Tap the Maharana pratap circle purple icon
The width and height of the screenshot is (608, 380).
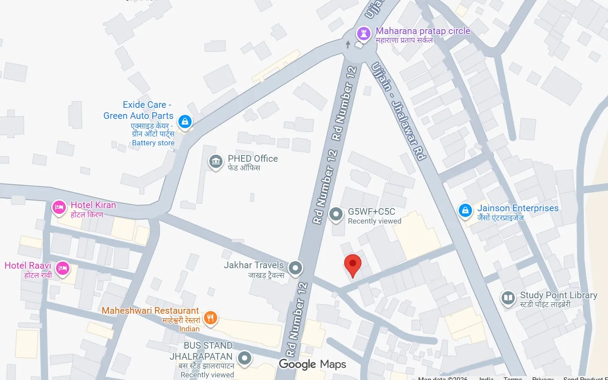(363, 33)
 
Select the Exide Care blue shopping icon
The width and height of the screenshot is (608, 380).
(185, 121)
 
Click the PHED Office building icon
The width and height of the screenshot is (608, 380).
(215, 162)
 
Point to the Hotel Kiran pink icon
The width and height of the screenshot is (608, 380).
(59, 207)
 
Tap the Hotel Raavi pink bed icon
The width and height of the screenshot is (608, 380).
(63, 268)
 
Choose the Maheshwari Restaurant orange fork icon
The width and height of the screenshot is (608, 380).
(211, 317)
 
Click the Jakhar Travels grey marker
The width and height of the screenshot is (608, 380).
(295, 267)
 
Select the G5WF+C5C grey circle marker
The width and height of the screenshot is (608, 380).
(336, 215)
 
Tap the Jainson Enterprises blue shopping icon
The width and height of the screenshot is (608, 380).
(465, 211)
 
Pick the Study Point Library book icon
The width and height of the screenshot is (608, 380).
(509, 298)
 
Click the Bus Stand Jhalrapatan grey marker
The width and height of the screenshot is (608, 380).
(245, 358)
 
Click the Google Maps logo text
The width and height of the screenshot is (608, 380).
(312, 364)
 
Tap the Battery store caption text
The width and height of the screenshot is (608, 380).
(153, 143)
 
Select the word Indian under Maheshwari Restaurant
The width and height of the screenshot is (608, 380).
(189, 329)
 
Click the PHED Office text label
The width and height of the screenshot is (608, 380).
(253, 159)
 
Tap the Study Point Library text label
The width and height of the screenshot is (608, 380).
(559, 295)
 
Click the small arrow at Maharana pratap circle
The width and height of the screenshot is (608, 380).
(348, 44)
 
